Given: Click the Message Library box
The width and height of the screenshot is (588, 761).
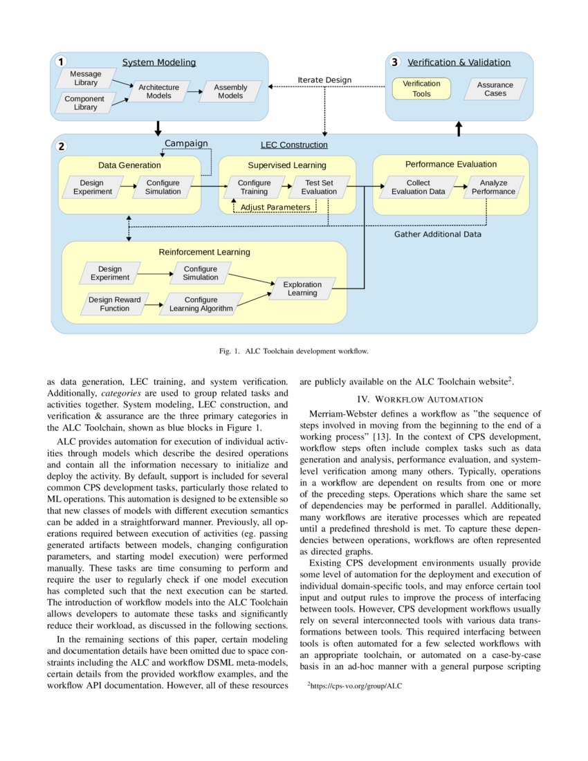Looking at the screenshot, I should [86, 78].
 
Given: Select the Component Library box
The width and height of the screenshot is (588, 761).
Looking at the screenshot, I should [85, 103].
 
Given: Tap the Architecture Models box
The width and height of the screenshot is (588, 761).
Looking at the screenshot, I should [158, 91].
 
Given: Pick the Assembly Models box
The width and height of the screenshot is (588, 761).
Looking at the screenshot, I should [230, 91].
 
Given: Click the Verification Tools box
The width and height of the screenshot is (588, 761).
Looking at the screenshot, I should [421, 89].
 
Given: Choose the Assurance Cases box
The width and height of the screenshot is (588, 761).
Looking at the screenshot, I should [495, 89].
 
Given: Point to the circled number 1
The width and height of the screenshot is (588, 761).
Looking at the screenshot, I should [62, 62].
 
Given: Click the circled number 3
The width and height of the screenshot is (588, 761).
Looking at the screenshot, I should [394, 62].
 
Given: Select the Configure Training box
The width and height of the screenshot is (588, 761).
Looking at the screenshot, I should [254, 187].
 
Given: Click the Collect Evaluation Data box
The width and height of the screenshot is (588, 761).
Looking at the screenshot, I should [418, 187].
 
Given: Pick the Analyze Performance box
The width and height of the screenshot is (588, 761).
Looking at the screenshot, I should [494, 187].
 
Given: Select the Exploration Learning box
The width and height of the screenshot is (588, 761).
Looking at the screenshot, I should [302, 288].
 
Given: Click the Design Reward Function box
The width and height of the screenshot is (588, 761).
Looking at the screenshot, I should [114, 304].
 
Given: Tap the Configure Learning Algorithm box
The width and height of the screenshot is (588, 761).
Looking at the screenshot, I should [201, 304].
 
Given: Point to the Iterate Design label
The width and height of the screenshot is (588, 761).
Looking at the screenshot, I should [324, 80].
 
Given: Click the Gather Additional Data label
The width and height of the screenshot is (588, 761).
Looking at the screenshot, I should [438, 235].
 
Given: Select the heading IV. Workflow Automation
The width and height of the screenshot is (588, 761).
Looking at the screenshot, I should [420, 399].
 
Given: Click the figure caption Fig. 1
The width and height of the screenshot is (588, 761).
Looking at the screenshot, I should [293, 351].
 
